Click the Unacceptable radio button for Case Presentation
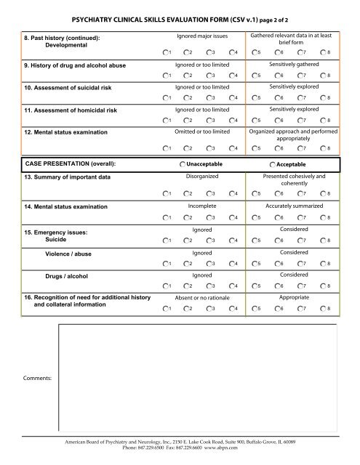pos(182,165)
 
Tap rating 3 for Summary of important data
pos(208,193)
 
